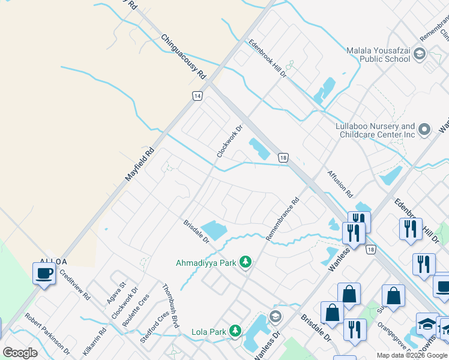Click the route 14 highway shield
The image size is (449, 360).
pyautogui.click(x=197, y=96)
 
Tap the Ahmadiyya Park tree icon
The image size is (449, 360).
pyautogui.click(x=245, y=262)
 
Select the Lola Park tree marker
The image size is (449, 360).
pyautogui.click(x=235, y=331)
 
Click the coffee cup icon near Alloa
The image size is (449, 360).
pyautogui.click(x=44, y=274)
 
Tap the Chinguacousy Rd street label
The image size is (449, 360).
pyautogui.click(x=184, y=57)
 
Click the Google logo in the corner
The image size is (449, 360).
pyautogui.click(x=20, y=353)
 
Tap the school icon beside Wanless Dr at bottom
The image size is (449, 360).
pyautogui.click(x=276, y=316)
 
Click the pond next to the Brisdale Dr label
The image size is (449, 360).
pyautogui.click(x=213, y=230)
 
